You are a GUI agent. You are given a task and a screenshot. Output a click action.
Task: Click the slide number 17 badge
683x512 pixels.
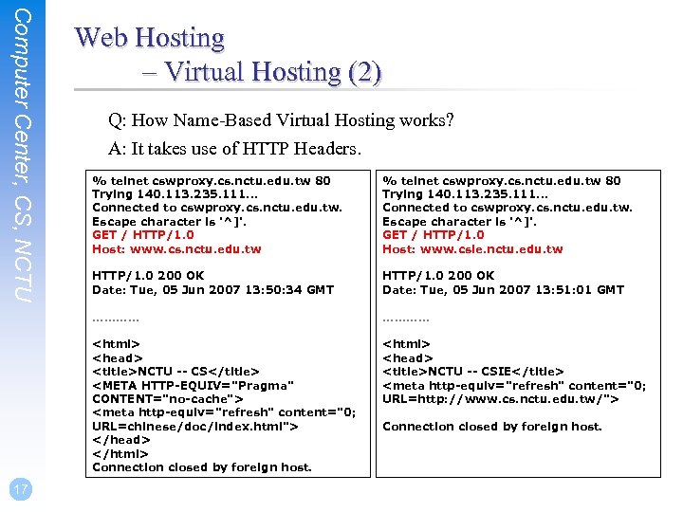pos(20,489)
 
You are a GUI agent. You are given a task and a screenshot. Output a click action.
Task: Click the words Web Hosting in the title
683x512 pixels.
pos(150,38)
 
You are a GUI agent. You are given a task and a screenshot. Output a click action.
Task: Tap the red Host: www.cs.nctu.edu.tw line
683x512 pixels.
pos(176,249)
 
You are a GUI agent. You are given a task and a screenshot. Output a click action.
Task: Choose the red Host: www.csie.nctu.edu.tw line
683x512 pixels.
pos(472,249)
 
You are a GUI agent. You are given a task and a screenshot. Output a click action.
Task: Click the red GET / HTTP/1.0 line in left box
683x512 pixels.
pos(142,235)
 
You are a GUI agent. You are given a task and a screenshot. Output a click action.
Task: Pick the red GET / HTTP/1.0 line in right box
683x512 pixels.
pos(433,235)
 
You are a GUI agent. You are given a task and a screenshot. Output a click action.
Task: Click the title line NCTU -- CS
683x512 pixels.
pos(175,372)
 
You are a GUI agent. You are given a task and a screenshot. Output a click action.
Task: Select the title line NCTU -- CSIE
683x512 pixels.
pos(472,372)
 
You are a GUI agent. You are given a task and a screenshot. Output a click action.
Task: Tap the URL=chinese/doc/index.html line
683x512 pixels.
pos(195,426)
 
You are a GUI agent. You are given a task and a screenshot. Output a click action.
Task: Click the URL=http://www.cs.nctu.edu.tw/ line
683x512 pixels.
pos(501,399)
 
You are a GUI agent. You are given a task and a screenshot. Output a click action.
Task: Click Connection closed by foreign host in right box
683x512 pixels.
pos(492,427)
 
